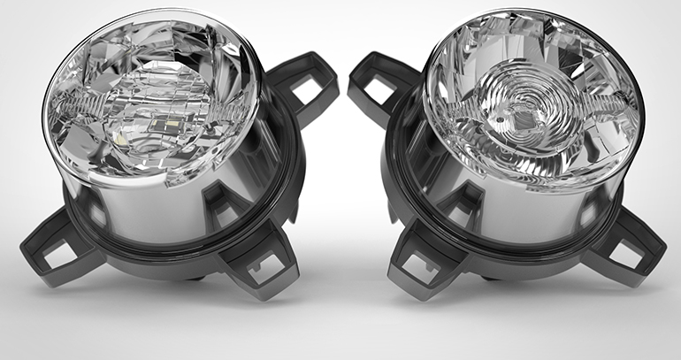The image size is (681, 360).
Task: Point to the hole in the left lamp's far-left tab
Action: [x=55, y=251]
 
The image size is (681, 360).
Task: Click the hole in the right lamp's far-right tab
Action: [x=629, y=251]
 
